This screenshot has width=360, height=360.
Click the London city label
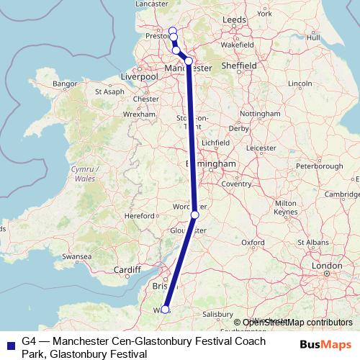point(326,266)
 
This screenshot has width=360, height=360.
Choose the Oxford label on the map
point(253,243)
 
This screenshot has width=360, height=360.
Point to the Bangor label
point(64,84)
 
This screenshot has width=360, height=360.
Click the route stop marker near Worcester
point(194,215)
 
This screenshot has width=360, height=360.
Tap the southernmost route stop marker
point(165,310)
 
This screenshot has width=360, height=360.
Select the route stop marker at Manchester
point(189,61)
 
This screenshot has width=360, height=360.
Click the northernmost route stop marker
point(172,30)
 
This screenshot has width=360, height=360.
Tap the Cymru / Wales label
point(85,174)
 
